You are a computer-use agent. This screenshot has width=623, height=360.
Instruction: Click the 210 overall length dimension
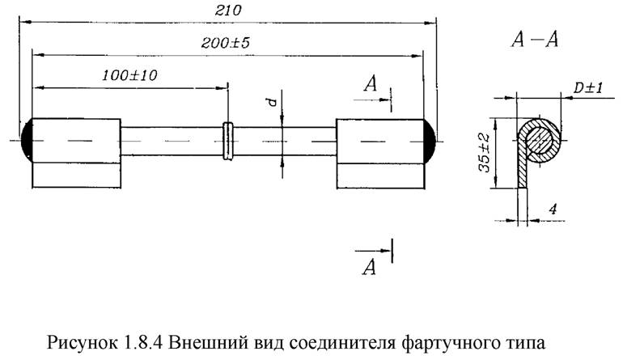tap(228, 11)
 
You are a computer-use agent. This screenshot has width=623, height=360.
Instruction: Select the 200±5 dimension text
tap(226, 43)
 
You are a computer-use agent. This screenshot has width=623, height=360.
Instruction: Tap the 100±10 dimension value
tap(130, 75)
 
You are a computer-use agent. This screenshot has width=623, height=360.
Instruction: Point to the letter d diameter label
tap(272, 102)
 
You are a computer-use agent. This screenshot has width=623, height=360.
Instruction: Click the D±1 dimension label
tap(588, 88)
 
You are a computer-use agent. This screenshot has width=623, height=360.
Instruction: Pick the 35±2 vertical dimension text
tap(484, 153)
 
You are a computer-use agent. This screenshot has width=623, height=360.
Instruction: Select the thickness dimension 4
tap(553, 208)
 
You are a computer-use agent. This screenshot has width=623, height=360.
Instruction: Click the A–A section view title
tap(535, 40)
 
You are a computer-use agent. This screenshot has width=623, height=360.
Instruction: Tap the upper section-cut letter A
tap(371, 84)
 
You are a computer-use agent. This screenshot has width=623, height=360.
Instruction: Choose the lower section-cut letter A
tap(369, 267)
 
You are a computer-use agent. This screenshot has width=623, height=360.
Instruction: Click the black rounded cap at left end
tap(27, 140)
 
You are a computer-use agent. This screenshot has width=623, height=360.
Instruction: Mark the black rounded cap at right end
tap(430, 141)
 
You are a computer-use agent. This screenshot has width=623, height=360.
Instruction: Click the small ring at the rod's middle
tap(228, 141)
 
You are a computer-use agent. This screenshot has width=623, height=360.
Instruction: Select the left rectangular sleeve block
tap(76, 153)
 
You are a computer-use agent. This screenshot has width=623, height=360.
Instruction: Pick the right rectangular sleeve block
tap(380, 154)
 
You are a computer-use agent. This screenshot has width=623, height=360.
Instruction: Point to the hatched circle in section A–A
tap(539, 141)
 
